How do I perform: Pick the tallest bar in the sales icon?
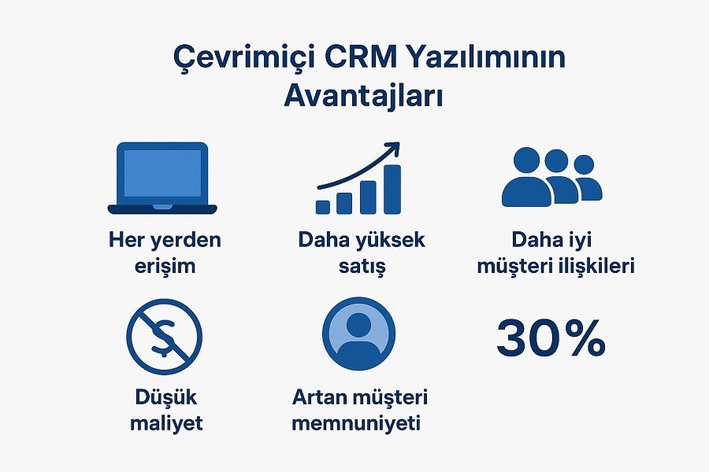(x=392, y=189)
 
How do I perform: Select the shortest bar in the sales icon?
(x=323, y=206)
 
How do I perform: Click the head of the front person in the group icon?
(x=523, y=160)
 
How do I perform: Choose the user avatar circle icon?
(x=359, y=334)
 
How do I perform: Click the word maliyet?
(x=165, y=423)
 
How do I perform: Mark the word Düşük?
(x=165, y=397)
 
